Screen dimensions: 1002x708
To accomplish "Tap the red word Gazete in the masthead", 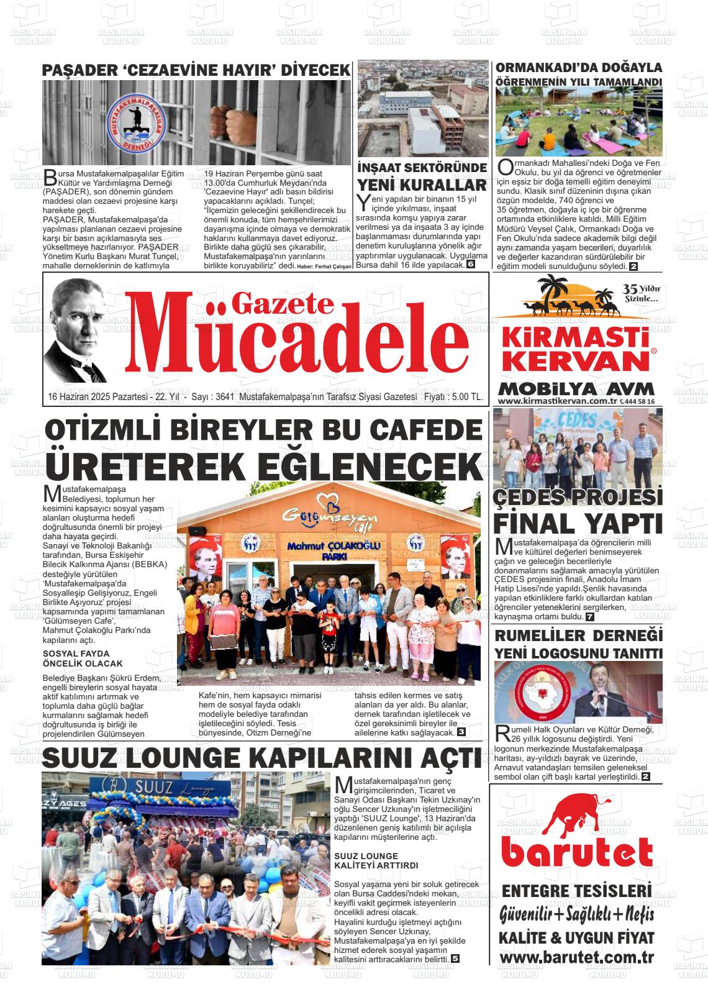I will point(282,303).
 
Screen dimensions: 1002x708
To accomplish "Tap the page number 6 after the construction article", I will point(470,264).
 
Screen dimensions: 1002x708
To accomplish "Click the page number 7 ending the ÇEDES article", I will point(589,617).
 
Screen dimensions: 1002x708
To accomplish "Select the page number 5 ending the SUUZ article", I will point(455,959).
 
